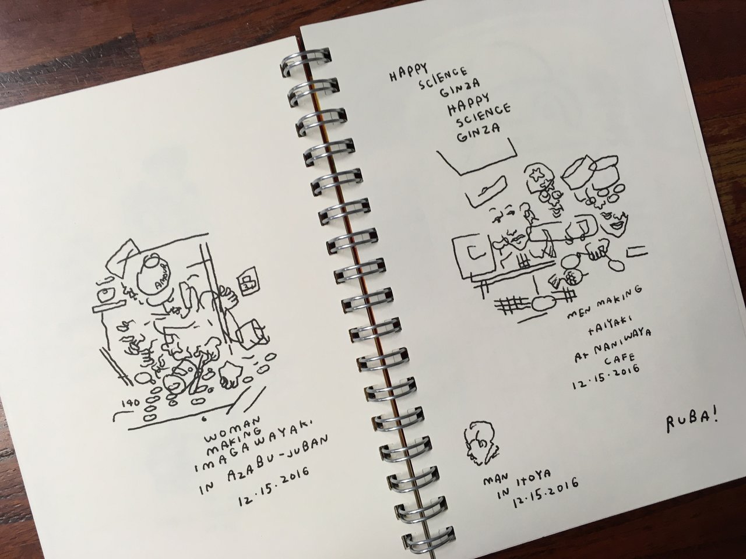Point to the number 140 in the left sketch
coord(131,403)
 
